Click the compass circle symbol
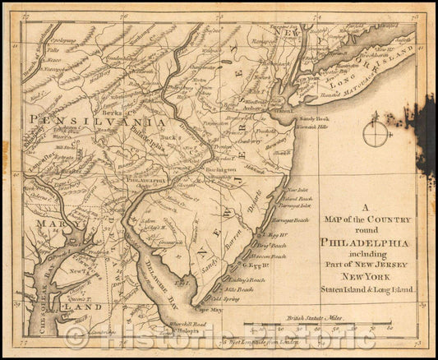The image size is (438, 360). (x=375, y=134)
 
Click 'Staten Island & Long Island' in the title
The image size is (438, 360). (x=357, y=290)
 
